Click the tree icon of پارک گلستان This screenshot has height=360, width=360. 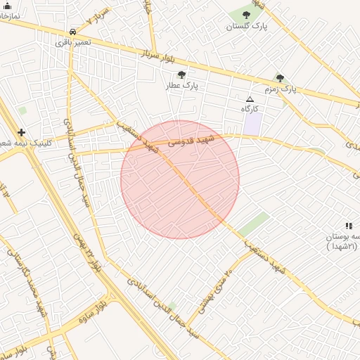(x=246, y=15)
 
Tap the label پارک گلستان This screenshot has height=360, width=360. (x=247, y=26)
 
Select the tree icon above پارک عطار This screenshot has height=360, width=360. (x=181, y=75)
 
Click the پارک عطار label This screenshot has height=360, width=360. (x=181, y=86)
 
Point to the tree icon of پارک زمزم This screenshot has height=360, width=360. (x=280, y=78)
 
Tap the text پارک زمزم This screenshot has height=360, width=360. (x=281, y=89)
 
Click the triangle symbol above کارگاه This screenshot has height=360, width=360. (x=250, y=99)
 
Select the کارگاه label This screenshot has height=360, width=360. (x=251, y=109)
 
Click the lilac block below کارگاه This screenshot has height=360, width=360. (x=252, y=124)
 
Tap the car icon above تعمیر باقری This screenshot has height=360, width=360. (x=73, y=32)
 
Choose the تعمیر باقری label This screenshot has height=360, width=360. (x=73, y=42)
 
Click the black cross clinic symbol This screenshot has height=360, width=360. (x=22, y=132)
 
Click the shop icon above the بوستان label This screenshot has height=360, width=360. (x=349, y=226)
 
